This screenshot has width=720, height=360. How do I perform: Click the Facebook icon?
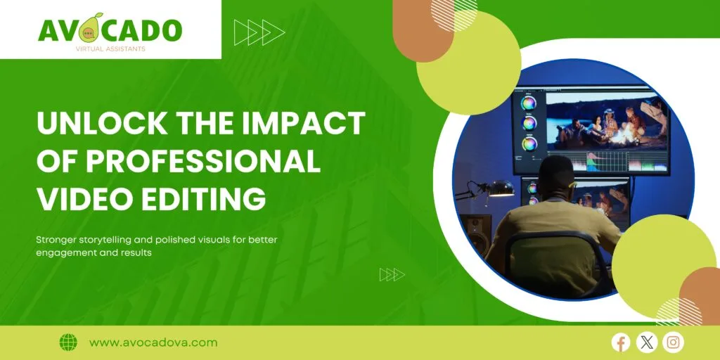(621, 342)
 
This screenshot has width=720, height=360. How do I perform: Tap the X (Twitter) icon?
(647, 342)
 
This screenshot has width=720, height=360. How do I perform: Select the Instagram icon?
(673, 342)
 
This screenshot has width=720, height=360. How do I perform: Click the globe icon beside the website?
(68, 342)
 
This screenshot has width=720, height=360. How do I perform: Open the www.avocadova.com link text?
(153, 342)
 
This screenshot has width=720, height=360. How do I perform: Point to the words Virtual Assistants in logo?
(110, 49)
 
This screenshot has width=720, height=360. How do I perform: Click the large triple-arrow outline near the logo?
(259, 32)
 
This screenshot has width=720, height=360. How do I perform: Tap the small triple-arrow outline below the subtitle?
(392, 275)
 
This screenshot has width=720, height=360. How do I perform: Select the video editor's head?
(557, 176)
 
